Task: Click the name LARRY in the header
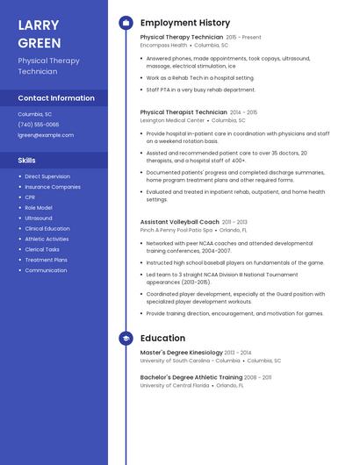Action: [x=38, y=25]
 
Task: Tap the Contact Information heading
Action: [x=56, y=98]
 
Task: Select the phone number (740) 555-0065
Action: [x=39, y=125]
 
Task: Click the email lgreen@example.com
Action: [x=46, y=135]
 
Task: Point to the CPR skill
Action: [x=30, y=197]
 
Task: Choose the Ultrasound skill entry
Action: [x=39, y=218]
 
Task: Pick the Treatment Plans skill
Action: [x=46, y=260]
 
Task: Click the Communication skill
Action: [x=46, y=270]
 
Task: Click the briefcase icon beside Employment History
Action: [x=126, y=23]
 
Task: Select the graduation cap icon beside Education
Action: [x=126, y=338]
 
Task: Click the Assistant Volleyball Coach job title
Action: [x=179, y=222]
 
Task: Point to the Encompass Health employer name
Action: [x=163, y=45]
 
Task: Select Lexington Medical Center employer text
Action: [x=172, y=119]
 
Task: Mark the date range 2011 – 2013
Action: [x=234, y=222]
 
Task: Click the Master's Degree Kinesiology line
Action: [x=181, y=352]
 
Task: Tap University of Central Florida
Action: [x=175, y=384]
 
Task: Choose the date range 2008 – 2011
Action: [x=258, y=376]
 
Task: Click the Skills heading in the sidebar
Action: [x=27, y=161]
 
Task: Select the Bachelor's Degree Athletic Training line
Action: [x=191, y=376]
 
